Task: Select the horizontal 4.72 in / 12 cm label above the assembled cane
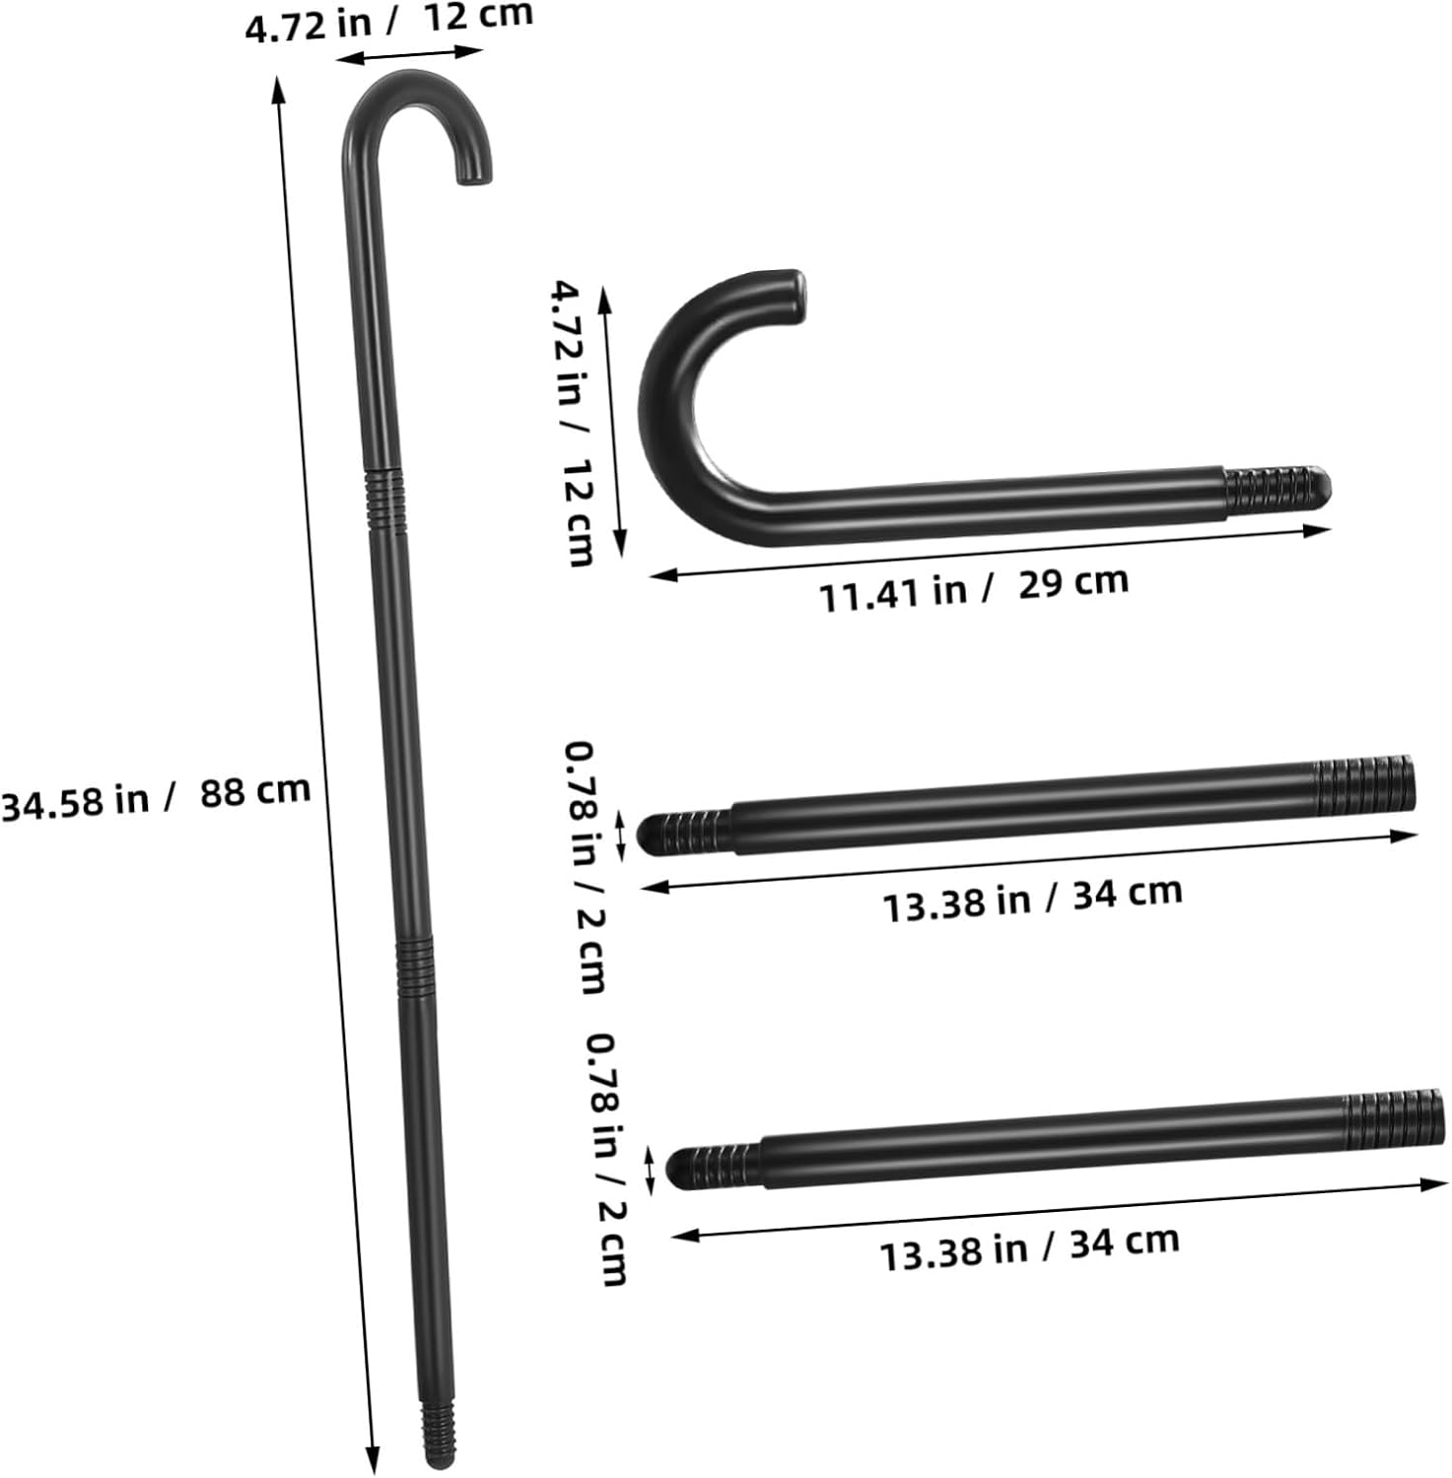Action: pos(389,21)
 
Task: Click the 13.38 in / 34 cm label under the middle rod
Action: pos(1032,898)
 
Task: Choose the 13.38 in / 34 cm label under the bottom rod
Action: pos(1029,1246)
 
